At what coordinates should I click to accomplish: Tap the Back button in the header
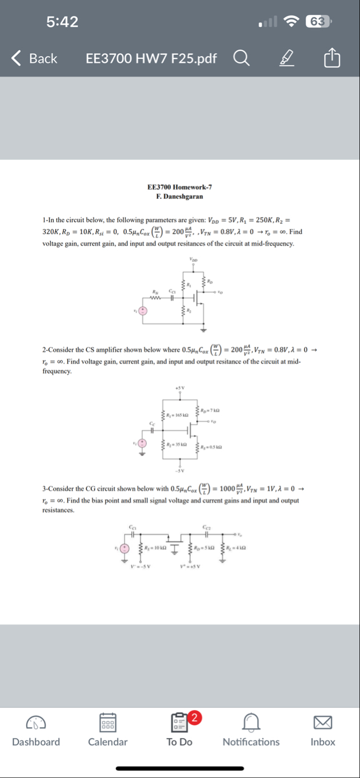click(x=34, y=58)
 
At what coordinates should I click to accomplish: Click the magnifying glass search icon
click(x=241, y=58)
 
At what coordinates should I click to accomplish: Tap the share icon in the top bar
click(x=331, y=58)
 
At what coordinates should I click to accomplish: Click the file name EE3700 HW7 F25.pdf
click(x=151, y=58)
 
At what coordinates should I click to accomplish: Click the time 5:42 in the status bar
click(x=62, y=22)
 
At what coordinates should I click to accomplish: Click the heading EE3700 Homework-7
click(x=179, y=187)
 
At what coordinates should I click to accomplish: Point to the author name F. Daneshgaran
click(x=179, y=196)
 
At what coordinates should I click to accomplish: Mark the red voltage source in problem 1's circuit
click(x=143, y=311)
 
